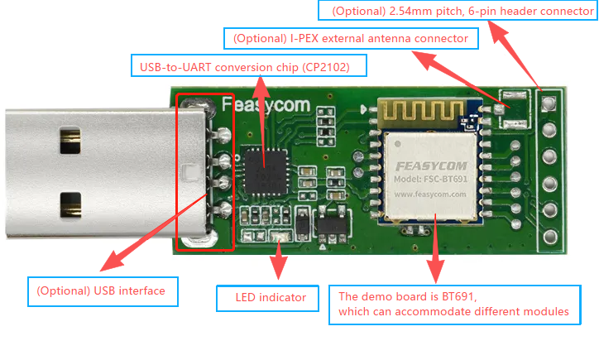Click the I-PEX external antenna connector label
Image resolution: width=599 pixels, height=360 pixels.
pyautogui.click(x=351, y=39)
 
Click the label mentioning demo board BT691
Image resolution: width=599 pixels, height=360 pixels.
pyautogui.click(x=449, y=304)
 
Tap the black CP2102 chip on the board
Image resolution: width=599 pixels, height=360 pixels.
pyautogui.click(x=265, y=168)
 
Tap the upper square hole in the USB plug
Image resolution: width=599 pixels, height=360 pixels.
pyautogui.click(x=70, y=140)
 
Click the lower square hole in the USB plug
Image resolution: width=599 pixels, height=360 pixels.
pyautogui.click(x=70, y=203)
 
